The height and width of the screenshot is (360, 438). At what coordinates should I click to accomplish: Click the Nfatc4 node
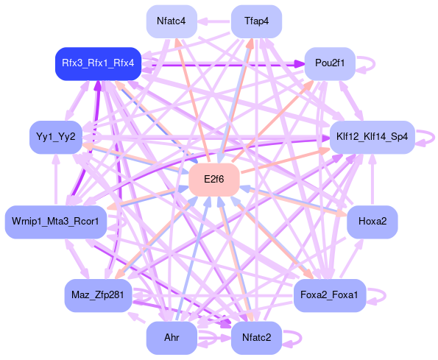tap(172, 21)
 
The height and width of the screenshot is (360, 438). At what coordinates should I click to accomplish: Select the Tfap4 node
tap(256, 21)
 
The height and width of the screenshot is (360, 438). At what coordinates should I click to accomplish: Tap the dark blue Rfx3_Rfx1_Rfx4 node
tap(98, 63)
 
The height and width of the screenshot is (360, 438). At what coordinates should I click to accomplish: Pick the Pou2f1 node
tap(330, 63)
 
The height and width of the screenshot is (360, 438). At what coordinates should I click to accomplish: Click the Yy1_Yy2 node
tap(56, 137)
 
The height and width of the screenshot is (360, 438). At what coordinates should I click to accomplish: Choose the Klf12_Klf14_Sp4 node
tap(372, 137)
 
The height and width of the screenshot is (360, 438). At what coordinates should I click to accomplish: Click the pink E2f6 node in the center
tap(214, 180)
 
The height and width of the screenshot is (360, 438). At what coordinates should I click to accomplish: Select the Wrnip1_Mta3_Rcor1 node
tap(56, 222)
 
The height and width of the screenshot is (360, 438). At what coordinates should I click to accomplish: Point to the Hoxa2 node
tap(372, 222)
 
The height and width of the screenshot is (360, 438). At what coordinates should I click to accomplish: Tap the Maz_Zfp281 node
tap(98, 295)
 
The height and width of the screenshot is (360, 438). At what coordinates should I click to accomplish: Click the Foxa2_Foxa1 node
tap(330, 295)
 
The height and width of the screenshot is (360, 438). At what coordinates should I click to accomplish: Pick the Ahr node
tap(172, 338)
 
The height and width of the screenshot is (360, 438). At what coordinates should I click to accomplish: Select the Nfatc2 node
tap(256, 338)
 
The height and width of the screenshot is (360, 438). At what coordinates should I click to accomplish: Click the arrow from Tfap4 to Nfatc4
tap(214, 21)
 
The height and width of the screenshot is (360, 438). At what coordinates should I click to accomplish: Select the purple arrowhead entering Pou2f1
tap(300, 64)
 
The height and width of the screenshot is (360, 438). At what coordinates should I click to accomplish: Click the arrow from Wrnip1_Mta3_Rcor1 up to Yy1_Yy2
tap(56, 180)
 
